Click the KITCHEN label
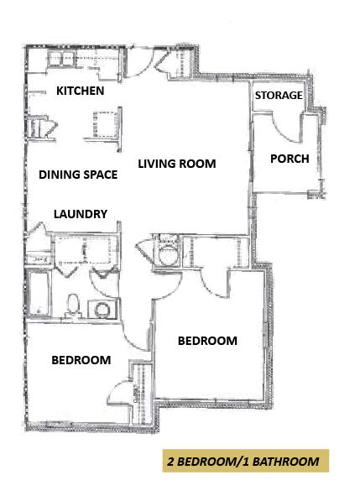[x=80, y=91]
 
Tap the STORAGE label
[x=279, y=95]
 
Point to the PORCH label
[x=290, y=159]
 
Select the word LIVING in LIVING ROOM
[x=157, y=164]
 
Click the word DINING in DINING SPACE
[x=59, y=175]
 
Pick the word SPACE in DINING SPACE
[x=100, y=175]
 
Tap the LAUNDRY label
[x=81, y=214]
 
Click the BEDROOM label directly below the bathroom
[x=81, y=360]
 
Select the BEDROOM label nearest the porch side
[x=207, y=341]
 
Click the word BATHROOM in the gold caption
[x=285, y=462]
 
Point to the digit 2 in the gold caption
[x=170, y=462]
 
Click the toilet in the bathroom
[x=73, y=305]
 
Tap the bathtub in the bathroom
[x=39, y=292]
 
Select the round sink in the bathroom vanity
[x=102, y=310]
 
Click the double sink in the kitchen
[x=60, y=59]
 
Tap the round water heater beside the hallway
[x=167, y=256]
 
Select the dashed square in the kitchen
[x=106, y=124]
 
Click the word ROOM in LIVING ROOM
[x=197, y=164]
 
